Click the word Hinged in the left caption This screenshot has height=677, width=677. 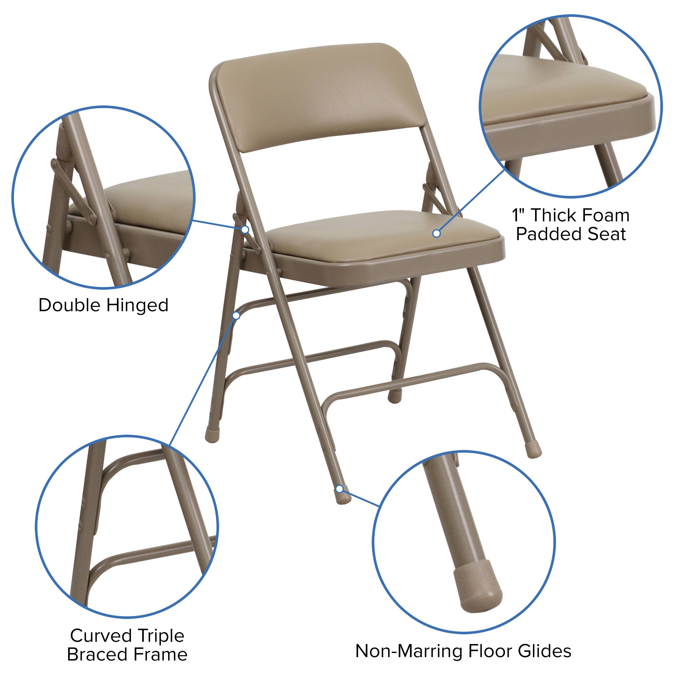tap(137, 305)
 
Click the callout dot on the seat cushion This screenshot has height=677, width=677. tap(436, 233)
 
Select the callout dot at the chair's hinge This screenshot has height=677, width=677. tap(245, 230)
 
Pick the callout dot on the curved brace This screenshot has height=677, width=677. tap(236, 316)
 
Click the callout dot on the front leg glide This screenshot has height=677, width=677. tap(339, 489)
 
